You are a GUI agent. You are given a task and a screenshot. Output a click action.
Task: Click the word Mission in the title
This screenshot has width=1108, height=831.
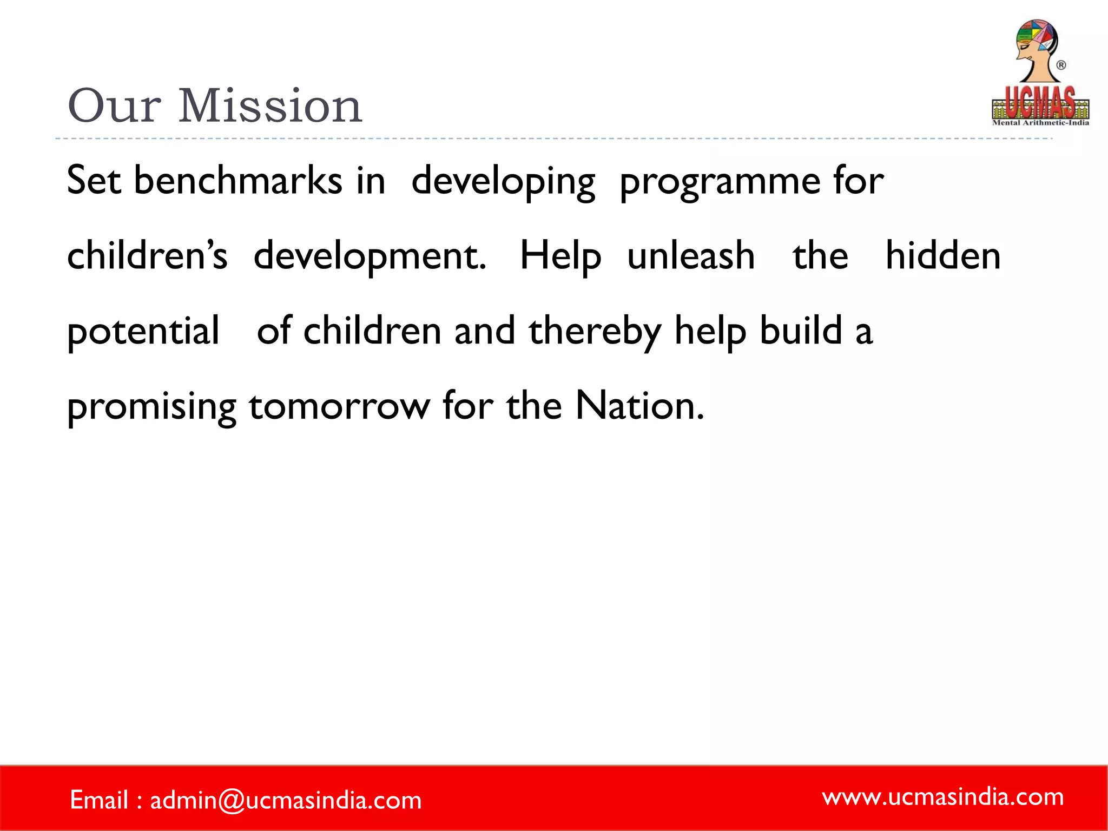(269, 106)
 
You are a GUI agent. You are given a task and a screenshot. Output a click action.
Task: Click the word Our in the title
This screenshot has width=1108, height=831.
(114, 106)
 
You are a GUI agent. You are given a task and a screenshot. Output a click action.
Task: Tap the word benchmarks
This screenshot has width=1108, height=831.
(238, 181)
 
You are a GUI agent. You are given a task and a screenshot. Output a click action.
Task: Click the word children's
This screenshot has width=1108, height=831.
(147, 255)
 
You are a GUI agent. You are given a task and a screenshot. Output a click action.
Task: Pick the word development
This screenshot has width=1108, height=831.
(370, 256)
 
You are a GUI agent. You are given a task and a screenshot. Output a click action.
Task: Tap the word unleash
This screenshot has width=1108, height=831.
(691, 255)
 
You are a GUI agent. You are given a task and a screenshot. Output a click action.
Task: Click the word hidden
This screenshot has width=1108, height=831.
(942, 255)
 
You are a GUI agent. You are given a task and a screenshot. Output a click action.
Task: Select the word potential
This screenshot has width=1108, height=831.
(143, 331)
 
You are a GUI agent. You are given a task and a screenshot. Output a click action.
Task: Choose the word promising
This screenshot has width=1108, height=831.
(151, 407)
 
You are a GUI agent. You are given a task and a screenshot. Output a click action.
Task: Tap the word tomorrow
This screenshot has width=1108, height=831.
(339, 406)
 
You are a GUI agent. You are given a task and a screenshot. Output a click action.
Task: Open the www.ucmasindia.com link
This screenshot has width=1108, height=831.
(943, 797)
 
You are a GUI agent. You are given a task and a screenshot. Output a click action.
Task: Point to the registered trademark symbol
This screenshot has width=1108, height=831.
(1061, 65)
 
